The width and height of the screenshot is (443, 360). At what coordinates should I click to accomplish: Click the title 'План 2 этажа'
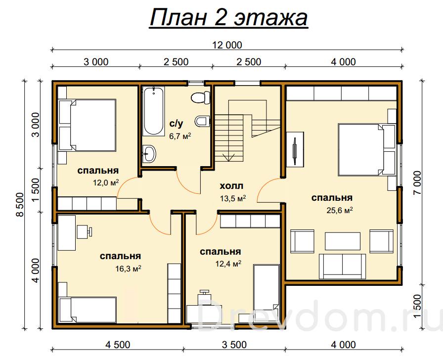tap(228, 17)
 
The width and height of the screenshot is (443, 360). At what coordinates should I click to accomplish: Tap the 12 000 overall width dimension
tap(227, 45)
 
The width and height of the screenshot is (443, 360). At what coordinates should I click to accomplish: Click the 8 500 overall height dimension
tap(20, 205)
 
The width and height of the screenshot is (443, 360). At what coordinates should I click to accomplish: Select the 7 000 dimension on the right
tap(417, 182)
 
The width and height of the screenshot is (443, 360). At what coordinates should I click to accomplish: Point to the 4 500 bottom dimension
tap(118, 345)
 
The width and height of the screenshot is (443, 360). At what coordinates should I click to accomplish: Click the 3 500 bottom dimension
tap(234, 345)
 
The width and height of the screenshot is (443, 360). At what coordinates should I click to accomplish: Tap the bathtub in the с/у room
tap(153, 111)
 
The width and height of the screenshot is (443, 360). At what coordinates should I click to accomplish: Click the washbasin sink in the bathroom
tap(149, 154)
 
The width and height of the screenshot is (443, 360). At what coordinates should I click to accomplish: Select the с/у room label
tap(176, 123)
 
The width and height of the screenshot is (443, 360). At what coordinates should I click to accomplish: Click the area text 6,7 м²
tap(180, 136)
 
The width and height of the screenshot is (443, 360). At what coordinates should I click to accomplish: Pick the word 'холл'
tap(231, 186)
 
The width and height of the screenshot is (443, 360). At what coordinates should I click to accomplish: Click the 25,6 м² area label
tap(340, 210)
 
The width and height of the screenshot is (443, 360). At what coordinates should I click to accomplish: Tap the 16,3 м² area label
tap(128, 268)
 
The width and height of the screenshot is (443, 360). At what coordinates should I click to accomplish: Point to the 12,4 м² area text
tap(228, 264)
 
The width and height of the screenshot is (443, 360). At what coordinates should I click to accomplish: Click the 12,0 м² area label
tap(106, 183)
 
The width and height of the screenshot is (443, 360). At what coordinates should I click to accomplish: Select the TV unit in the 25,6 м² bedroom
tap(295, 149)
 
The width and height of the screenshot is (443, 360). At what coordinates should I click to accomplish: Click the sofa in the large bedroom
tap(343, 266)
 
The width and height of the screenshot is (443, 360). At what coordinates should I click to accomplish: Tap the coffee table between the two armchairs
tap(343, 241)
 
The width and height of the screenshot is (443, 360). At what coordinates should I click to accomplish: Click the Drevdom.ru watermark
tap(319, 316)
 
